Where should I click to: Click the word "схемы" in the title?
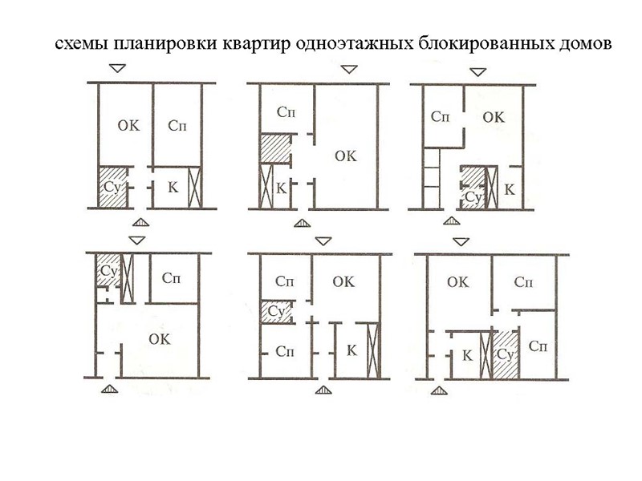(x=80, y=42)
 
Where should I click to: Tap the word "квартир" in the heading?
(x=256, y=42)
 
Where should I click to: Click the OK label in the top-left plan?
(x=128, y=126)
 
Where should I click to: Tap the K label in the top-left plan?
(x=173, y=187)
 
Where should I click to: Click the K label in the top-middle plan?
(x=281, y=189)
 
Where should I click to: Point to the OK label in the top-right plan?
(x=494, y=117)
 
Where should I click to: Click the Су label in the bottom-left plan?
(x=108, y=270)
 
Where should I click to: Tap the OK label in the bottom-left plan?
(x=160, y=339)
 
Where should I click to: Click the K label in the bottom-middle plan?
(x=351, y=350)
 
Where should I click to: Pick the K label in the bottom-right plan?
(x=466, y=354)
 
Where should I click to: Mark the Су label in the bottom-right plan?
(x=505, y=354)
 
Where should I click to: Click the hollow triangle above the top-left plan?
(x=117, y=71)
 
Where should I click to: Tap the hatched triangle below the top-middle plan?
(x=302, y=224)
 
